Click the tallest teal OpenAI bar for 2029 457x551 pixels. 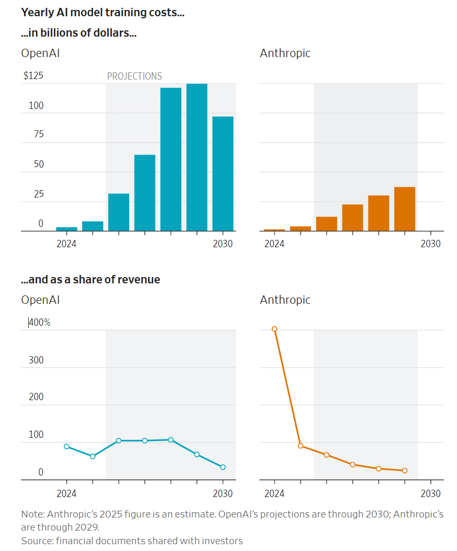(197, 157)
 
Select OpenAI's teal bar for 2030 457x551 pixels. (223, 173)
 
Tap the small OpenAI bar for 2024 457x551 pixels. (66, 229)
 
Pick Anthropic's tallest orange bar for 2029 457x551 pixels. (405, 209)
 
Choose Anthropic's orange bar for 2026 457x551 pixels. (327, 224)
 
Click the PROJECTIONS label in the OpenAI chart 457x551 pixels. (135, 76)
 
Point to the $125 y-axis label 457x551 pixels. (34, 76)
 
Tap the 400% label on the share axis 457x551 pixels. (39, 323)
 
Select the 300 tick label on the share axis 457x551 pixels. (36, 360)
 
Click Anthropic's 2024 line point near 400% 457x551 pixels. (274, 329)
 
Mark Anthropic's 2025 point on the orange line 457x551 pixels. (300, 446)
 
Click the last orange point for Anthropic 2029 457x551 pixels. (405, 470)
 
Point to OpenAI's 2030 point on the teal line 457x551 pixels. (223, 467)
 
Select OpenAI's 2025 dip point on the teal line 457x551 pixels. (93, 456)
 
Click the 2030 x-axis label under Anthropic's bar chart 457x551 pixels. (431, 244)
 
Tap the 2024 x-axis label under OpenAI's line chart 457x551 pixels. (66, 493)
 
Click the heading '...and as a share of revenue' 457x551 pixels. (91, 280)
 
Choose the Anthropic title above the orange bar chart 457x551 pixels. (285, 53)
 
